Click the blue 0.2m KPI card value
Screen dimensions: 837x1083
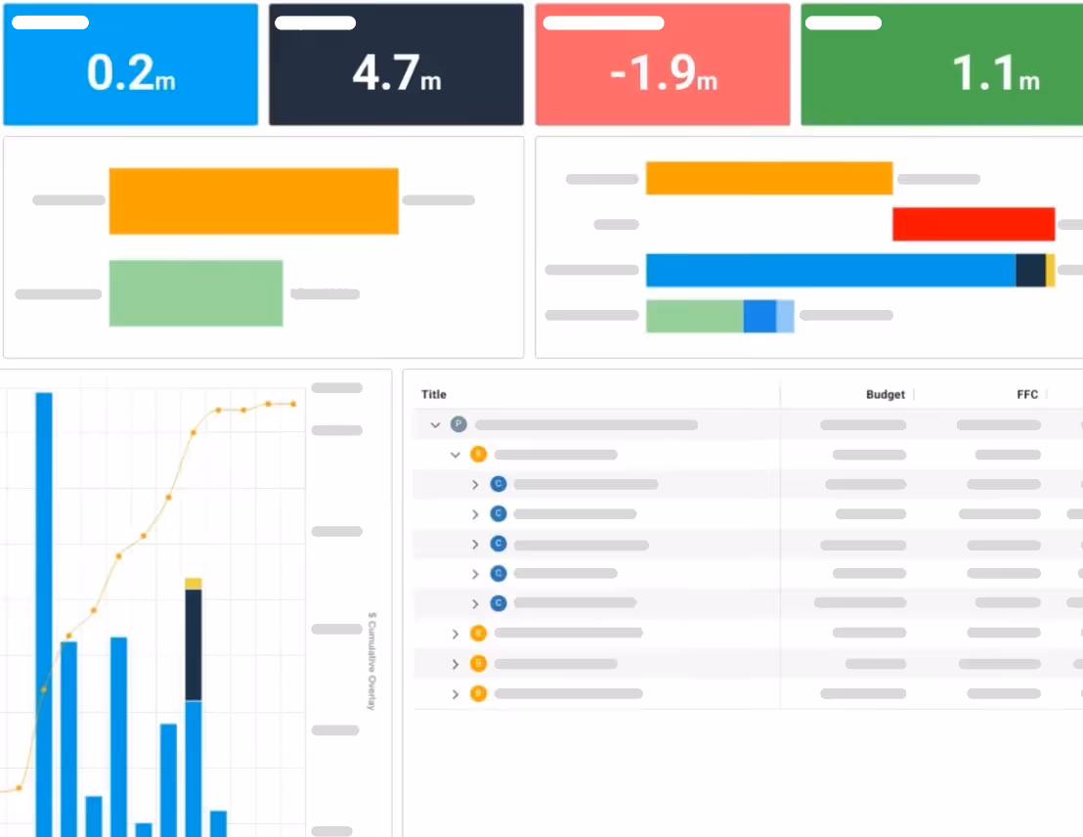(131, 73)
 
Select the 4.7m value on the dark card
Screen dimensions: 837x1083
(397, 74)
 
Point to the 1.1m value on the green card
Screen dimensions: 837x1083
(995, 74)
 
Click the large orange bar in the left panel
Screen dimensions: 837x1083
(253, 201)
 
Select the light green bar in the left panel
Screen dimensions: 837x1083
(195, 293)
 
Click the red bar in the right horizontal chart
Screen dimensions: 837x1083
(973, 224)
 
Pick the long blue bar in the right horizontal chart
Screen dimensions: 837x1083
(831, 270)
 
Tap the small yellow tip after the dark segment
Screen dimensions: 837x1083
(1051, 270)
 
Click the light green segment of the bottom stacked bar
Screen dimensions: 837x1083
(694, 316)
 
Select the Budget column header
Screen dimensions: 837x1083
(885, 395)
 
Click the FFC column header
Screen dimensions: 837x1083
(1026, 395)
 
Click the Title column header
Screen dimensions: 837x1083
(434, 395)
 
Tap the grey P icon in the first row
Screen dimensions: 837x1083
(458, 424)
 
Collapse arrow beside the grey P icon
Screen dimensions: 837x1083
(436, 425)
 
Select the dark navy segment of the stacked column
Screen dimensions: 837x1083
(194, 645)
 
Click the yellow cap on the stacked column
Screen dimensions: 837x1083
(194, 584)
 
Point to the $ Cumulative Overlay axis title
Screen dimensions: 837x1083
(371, 661)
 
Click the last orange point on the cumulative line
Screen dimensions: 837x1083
(292, 404)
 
